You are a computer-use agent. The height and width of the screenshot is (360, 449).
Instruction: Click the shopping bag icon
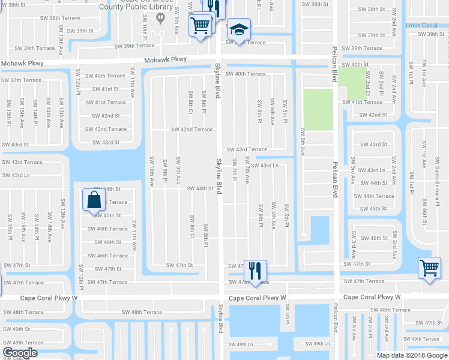(x=95, y=200)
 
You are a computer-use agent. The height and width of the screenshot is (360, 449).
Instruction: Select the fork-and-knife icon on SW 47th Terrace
(x=255, y=272)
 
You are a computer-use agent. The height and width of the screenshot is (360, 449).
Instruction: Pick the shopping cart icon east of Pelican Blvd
(x=430, y=268)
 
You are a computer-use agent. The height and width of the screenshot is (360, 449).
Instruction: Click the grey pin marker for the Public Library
(x=160, y=17)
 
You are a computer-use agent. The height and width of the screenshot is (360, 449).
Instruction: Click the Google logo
(x=20, y=353)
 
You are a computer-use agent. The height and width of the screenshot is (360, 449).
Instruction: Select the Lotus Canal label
(x=421, y=25)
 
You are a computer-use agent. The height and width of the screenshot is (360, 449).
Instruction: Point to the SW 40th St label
(x=355, y=64)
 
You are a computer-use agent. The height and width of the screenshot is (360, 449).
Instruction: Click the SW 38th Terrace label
(x=61, y=18)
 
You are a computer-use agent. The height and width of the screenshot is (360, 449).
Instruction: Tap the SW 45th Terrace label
(x=107, y=229)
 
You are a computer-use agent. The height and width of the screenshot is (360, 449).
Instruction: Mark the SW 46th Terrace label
(x=107, y=256)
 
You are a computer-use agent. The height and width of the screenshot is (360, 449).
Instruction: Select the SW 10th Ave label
(x=151, y=169)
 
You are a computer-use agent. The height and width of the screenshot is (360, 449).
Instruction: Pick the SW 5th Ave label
(x=303, y=142)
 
